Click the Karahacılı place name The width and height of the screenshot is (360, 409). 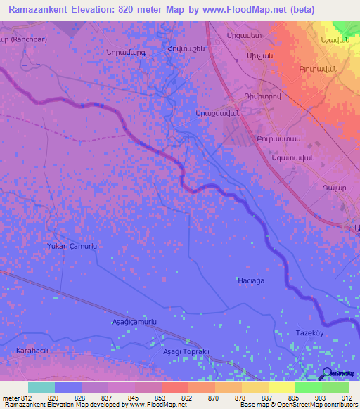click(x=37, y=349)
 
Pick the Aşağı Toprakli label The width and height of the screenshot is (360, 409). click(x=186, y=351)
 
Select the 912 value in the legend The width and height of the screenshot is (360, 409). click(x=346, y=397)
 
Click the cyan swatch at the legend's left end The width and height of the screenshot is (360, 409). click(x=41, y=387)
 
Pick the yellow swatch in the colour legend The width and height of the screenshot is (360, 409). click(x=281, y=387)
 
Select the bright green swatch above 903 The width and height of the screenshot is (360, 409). click(x=308, y=387)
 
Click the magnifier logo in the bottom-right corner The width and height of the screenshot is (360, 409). click(x=328, y=374)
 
